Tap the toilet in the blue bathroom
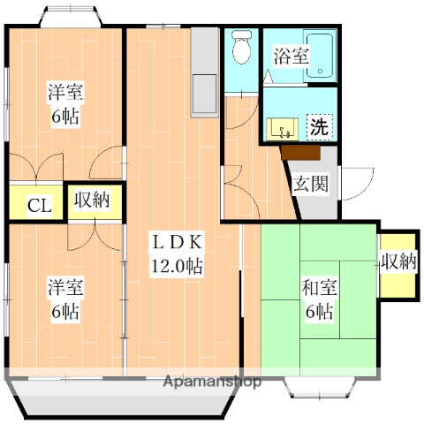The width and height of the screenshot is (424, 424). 238,50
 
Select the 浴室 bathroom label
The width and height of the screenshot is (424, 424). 290,55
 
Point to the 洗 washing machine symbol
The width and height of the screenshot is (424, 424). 319,126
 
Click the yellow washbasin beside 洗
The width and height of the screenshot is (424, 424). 284,128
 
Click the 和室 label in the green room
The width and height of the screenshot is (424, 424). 318,287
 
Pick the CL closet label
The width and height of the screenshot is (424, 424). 39,206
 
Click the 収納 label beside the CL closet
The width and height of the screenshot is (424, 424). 91,201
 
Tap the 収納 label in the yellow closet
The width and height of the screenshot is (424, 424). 398,261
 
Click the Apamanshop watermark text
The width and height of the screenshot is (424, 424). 212,382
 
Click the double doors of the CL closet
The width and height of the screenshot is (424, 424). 38,168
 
